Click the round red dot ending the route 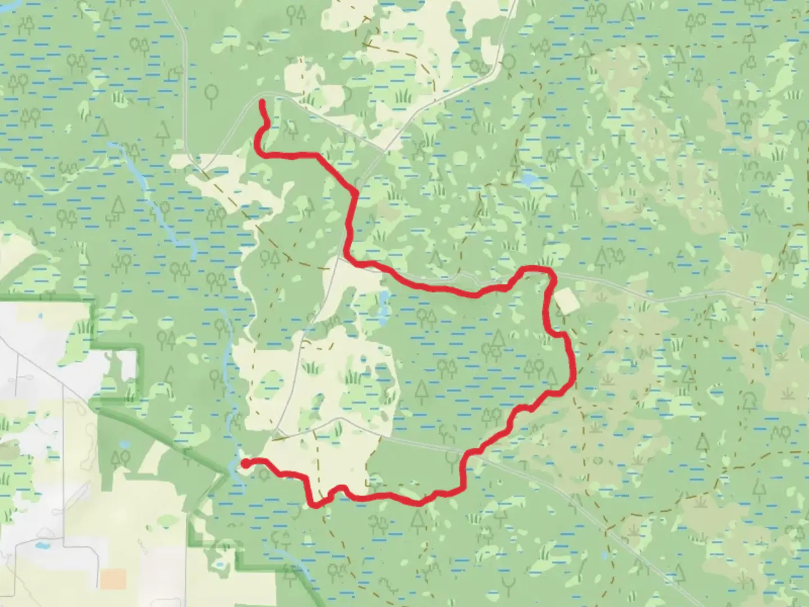pos(246,463)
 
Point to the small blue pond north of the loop pos(528,180)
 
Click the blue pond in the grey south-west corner pos(40,545)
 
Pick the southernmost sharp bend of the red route pos(315,505)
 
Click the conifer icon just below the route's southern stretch pos(417,519)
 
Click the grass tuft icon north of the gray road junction pos(402,97)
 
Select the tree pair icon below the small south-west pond pos(121,460)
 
